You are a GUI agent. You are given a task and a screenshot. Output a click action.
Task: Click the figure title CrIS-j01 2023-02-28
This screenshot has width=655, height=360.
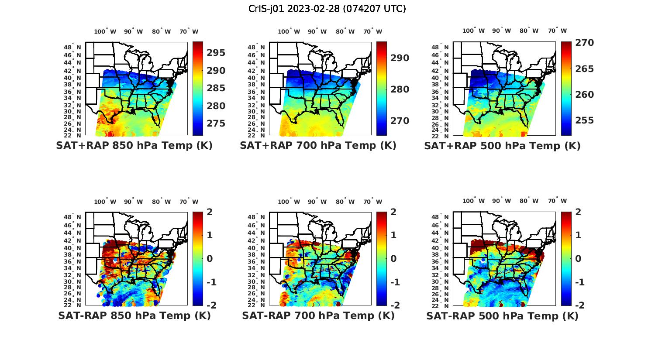click(x=327, y=9)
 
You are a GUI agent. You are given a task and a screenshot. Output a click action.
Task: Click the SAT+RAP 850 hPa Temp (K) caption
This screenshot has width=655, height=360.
click(x=134, y=146)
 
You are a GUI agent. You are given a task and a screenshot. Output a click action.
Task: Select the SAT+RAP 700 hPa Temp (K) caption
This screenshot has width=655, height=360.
click(x=318, y=146)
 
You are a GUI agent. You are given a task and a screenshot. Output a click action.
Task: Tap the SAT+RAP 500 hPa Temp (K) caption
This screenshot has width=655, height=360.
click(x=502, y=146)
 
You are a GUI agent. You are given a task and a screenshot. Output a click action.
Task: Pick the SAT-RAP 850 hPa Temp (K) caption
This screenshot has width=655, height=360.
click(x=134, y=315)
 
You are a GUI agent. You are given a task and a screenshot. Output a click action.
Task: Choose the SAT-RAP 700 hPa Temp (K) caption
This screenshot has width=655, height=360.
click(x=318, y=315)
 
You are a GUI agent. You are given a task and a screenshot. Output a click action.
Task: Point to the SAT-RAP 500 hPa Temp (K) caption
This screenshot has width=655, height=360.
click(x=502, y=315)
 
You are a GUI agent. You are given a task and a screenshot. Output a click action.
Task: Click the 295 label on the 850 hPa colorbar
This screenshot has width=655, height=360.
click(x=216, y=53)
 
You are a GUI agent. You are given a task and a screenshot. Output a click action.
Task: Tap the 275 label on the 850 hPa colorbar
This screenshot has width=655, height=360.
click(x=216, y=123)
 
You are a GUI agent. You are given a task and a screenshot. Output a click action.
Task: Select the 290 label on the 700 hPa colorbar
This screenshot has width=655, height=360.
click(x=400, y=58)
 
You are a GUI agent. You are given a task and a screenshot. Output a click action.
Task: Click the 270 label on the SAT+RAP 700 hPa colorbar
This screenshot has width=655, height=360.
click(x=400, y=121)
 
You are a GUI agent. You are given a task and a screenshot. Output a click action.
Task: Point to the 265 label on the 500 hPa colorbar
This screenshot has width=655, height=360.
click(x=584, y=69)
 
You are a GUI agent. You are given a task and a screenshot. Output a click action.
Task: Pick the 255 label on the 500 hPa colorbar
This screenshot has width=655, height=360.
click(x=584, y=120)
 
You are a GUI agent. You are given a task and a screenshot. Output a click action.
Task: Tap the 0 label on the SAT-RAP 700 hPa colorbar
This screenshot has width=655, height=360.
click(x=393, y=259)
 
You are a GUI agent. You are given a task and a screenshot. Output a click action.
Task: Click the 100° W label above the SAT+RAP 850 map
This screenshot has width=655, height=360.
click(x=105, y=31)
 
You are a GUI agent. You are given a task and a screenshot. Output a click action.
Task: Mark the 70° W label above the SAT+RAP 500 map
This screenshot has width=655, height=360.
click(x=558, y=31)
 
